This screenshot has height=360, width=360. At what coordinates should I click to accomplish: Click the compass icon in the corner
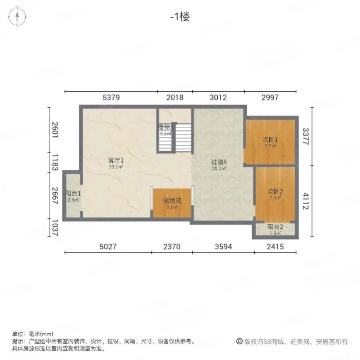(17, 17)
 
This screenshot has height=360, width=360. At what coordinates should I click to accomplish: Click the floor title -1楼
(180, 17)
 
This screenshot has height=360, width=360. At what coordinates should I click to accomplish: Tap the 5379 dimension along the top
(111, 97)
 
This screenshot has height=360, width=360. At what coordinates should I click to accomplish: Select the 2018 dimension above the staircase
(174, 97)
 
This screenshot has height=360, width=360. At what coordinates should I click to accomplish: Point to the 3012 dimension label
(218, 97)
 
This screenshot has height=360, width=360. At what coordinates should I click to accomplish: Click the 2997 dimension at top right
(270, 97)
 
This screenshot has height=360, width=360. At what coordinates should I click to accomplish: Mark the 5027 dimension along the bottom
(108, 247)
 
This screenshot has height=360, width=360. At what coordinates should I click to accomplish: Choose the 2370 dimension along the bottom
(172, 247)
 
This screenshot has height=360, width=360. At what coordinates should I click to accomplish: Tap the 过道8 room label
(219, 162)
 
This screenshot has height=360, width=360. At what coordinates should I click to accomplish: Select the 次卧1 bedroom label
(270, 140)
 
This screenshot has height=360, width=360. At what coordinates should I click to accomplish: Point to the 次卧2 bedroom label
(275, 191)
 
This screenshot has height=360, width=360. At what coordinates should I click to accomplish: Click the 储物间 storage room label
(172, 201)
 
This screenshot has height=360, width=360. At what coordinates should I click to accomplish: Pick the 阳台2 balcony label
(275, 227)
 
